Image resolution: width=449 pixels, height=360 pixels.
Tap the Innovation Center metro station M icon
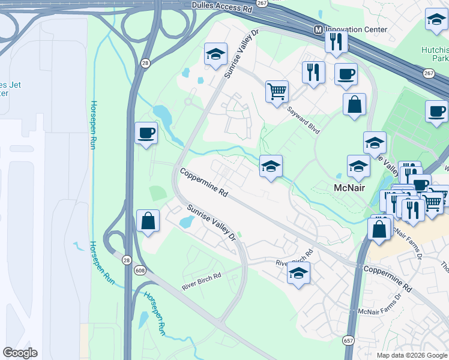(x=319, y=30)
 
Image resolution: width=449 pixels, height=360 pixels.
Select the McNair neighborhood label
(x=350, y=188)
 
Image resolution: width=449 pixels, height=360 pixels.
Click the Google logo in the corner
(x=20, y=352)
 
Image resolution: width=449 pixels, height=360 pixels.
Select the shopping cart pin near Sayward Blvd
(x=277, y=92)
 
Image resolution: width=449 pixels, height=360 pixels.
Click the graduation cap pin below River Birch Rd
(x=298, y=273)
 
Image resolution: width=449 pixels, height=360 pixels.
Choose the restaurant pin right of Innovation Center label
(x=336, y=41)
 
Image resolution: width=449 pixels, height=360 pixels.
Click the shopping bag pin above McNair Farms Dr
(x=379, y=229)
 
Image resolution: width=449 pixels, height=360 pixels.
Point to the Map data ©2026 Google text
(x=412, y=355)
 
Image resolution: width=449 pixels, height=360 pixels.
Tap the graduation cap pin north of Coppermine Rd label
(x=271, y=166)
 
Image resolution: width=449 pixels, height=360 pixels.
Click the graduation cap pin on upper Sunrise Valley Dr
(x=215, y=54)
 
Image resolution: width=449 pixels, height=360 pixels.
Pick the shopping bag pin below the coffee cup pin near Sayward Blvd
(x=355, y=104)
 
